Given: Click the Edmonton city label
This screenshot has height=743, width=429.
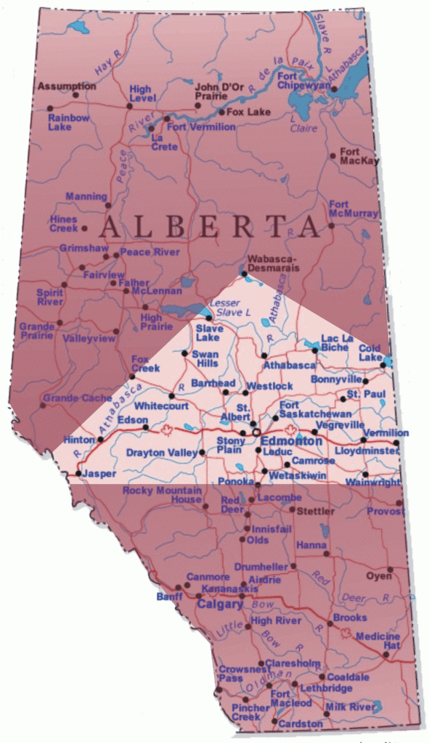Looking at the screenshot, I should tap(291, 441).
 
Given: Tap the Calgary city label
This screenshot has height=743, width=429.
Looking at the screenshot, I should tap(220, 604).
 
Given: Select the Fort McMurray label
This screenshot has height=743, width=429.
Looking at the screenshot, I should tap(353, 209).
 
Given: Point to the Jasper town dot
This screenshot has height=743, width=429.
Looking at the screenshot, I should tap(78, 474).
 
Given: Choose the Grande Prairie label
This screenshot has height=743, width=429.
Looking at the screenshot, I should tap(36, 331).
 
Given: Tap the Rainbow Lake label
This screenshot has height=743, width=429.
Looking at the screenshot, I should tap(70, 123).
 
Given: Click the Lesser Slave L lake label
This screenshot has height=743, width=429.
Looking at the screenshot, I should tap(229, 307).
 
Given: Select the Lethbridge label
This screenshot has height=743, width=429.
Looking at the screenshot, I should tap(327, 688).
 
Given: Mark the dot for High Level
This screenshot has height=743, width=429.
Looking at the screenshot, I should tap(129, 106).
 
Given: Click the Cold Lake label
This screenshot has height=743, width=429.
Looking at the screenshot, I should tap(369, 353).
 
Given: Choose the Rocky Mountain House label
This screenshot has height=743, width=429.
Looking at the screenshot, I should tap(161, 495).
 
